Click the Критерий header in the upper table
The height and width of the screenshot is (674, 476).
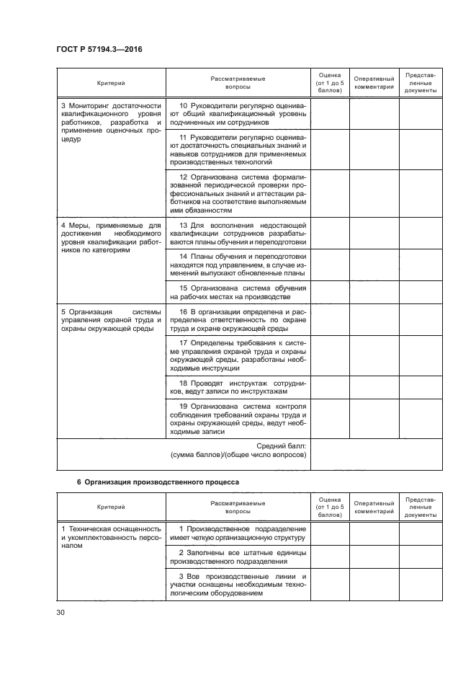111,84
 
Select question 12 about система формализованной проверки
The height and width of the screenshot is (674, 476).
238,194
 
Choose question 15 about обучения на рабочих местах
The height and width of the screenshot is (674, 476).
238,292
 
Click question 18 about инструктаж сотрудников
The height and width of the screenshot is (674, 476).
238,387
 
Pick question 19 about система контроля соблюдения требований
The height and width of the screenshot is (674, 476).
238,419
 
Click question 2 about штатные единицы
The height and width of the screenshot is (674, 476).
238,557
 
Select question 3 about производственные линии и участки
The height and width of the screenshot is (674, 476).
238,585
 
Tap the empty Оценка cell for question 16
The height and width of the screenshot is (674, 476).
330,319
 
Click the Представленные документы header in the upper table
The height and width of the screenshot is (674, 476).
420,83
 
